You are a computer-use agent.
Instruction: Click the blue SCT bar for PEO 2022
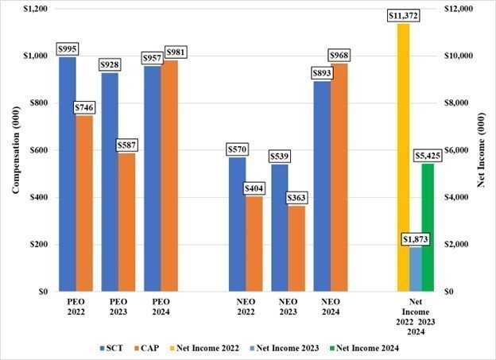67,175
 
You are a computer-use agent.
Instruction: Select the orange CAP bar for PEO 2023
126,223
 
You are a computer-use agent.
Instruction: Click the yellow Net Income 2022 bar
403,159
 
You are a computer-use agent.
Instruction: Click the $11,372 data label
403,16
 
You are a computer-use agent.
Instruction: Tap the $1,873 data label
415,239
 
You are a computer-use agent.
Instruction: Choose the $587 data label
126,145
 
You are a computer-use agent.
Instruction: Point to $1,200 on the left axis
36,9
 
